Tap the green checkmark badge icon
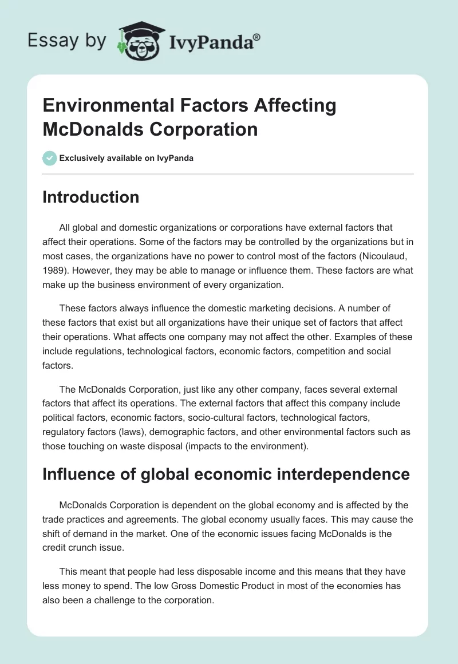(x=49, y=158)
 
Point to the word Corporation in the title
(x=203, y=129)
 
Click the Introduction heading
(x=91, y=197)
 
